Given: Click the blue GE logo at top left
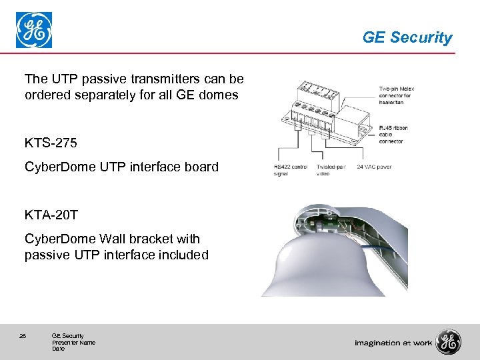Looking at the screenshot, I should (x=34, y=31).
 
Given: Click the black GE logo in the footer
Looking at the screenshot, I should (x=448, y=342).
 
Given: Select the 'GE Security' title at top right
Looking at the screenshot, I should (x=407, y=38).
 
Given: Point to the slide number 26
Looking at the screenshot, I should (x=23, y=336).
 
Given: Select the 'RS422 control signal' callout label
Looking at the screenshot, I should (x=290, y=169).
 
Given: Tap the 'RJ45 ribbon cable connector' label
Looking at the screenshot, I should (x=393, y=134).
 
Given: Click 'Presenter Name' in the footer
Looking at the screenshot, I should (x=73, y=343).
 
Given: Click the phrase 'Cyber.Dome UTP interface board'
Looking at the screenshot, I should (x=121, y=167).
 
